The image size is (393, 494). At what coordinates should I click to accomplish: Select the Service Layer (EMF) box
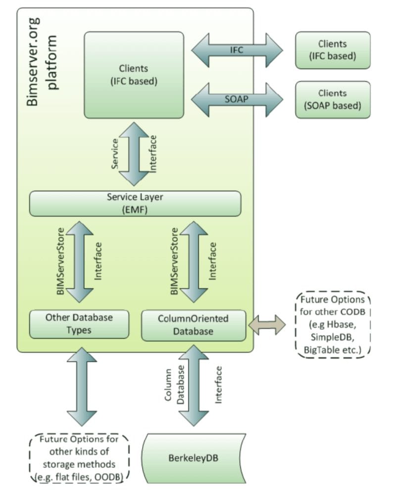click(x=135, y=204)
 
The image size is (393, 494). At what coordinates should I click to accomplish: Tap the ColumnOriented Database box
click(x=193, y=325)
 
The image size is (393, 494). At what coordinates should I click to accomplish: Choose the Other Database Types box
click(x=79, y=324)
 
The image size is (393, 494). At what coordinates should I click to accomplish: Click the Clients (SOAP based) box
click(x=333, y=99)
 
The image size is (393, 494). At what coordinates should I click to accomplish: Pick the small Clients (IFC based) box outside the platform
click(x=333, y=50)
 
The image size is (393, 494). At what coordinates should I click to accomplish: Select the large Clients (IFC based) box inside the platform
click(x=134, y=75)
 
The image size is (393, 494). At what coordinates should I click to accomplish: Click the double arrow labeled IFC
click(x=237, y=50)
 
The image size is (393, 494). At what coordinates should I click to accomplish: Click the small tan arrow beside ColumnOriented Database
click(x=267, y=325)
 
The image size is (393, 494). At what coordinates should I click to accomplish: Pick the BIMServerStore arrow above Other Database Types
click(x=79, y=262)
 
